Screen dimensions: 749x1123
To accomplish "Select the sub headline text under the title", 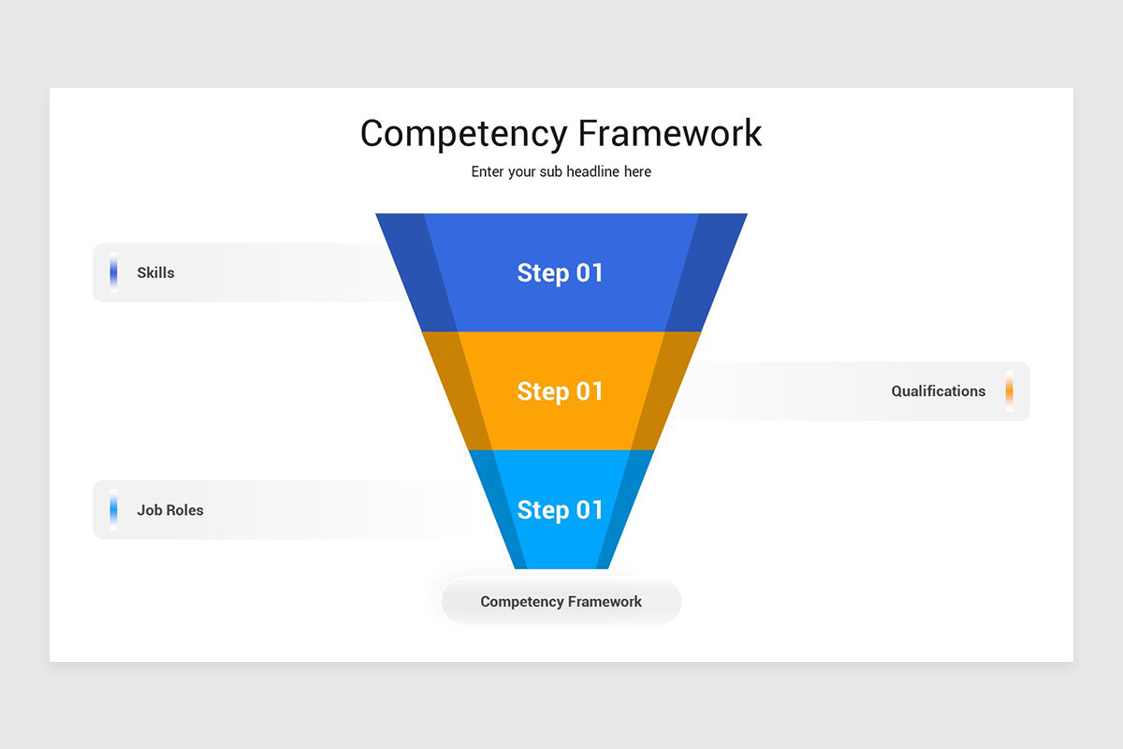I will [561, 172].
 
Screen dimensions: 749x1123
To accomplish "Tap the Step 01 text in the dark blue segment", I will [561, 272].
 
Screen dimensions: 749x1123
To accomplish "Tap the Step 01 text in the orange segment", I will [561, 391].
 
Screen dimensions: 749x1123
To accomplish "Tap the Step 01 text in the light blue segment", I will [561, 510].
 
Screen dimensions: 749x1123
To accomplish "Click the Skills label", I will [155, 273].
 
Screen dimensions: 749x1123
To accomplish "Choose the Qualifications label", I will [938, 391].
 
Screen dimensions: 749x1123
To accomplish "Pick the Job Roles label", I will [170, 510].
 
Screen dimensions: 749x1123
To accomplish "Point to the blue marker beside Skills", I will [113, 272].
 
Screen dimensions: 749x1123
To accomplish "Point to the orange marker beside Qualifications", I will [1009, 391].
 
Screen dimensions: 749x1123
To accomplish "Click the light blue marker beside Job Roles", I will [113, 510].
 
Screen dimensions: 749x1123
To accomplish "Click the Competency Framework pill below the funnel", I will [561, 602].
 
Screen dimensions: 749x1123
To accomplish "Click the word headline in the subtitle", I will [599, 172].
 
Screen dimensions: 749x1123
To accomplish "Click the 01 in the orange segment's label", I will [590, 391].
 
